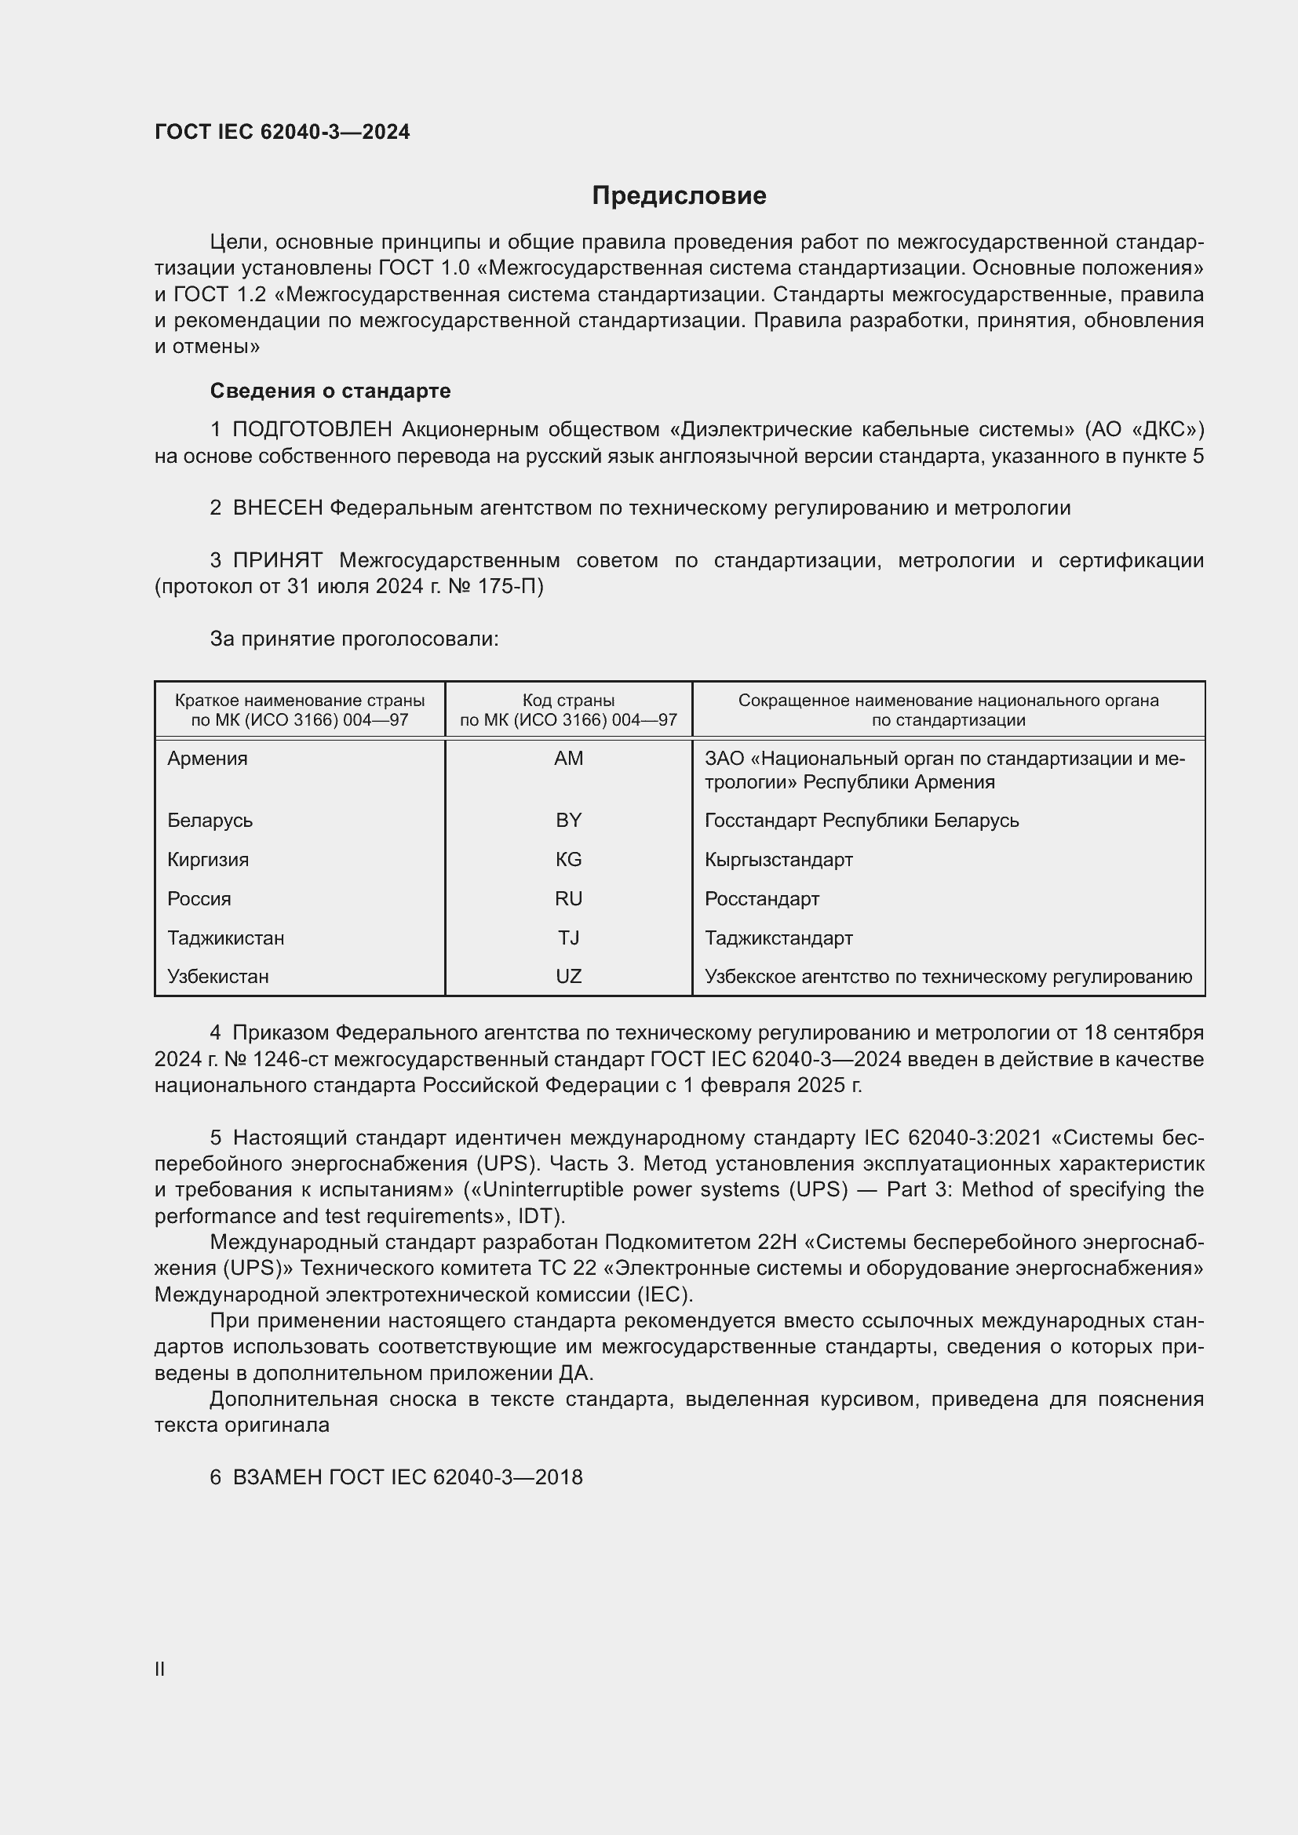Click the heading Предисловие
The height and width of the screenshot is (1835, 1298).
(x=679, y=196)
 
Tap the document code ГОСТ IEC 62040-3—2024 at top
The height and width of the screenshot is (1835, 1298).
(x=283, y=132)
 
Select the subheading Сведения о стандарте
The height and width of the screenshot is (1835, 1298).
(x=330, y=391)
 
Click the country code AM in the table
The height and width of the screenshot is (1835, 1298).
(x=568, y=759)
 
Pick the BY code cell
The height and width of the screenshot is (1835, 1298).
(x=568, y=821)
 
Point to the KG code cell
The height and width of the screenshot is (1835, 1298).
(x=568, y=860)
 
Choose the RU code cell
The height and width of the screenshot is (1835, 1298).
(x=568, y=899)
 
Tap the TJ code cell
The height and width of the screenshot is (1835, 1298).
(x=568, y=938)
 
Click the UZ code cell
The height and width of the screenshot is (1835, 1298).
(x=568, y=977)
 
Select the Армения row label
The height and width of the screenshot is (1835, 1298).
(x=207, y=759)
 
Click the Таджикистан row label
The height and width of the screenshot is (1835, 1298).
(x=225, y=938)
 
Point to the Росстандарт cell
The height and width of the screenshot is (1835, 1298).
(x=762, y=899)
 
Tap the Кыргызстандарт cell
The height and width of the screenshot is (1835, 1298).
(x=778, y=860)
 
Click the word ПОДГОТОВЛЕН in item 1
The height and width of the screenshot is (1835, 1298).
(x=312, y=430)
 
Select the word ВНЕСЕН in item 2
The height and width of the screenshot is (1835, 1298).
(x=277, y=508)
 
